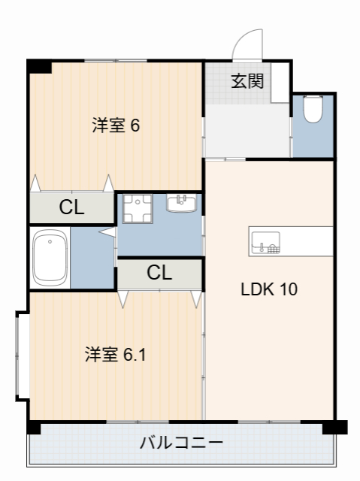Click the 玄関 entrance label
247,80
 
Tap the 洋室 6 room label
116,126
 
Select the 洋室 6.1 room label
115,354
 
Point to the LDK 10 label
268,289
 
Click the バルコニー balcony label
180,442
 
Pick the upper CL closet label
72,208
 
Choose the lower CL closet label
159,272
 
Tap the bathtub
51,257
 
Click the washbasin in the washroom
181,203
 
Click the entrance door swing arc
246,44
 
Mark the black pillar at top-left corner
39,66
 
